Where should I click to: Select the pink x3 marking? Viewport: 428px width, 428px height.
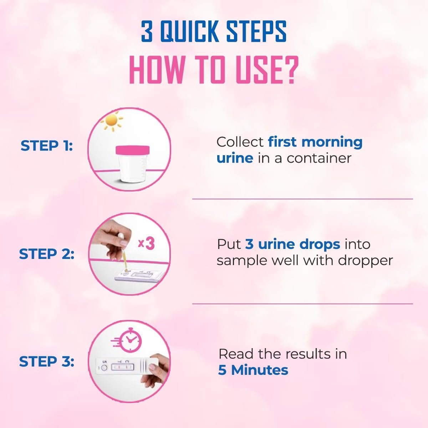146,244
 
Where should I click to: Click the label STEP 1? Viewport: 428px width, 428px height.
47,146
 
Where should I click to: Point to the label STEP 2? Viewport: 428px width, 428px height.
47,254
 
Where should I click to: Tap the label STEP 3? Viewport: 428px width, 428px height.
47,361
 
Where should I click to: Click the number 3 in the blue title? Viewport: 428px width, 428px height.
147,31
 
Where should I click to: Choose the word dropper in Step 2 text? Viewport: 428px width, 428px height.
365,260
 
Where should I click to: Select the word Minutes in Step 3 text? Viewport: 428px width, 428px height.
260,370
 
